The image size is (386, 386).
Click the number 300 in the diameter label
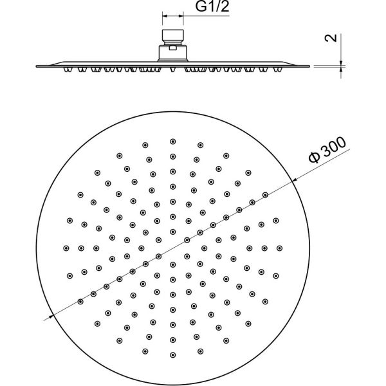pos(333,148)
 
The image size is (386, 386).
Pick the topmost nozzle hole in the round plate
pos(172,141)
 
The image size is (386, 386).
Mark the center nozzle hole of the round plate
pos(172,247)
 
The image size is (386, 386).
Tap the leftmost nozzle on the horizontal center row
pos(66,247)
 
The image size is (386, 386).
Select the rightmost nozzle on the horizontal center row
pos(279,247)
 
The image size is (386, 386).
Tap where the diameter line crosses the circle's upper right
pos(293,181)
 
